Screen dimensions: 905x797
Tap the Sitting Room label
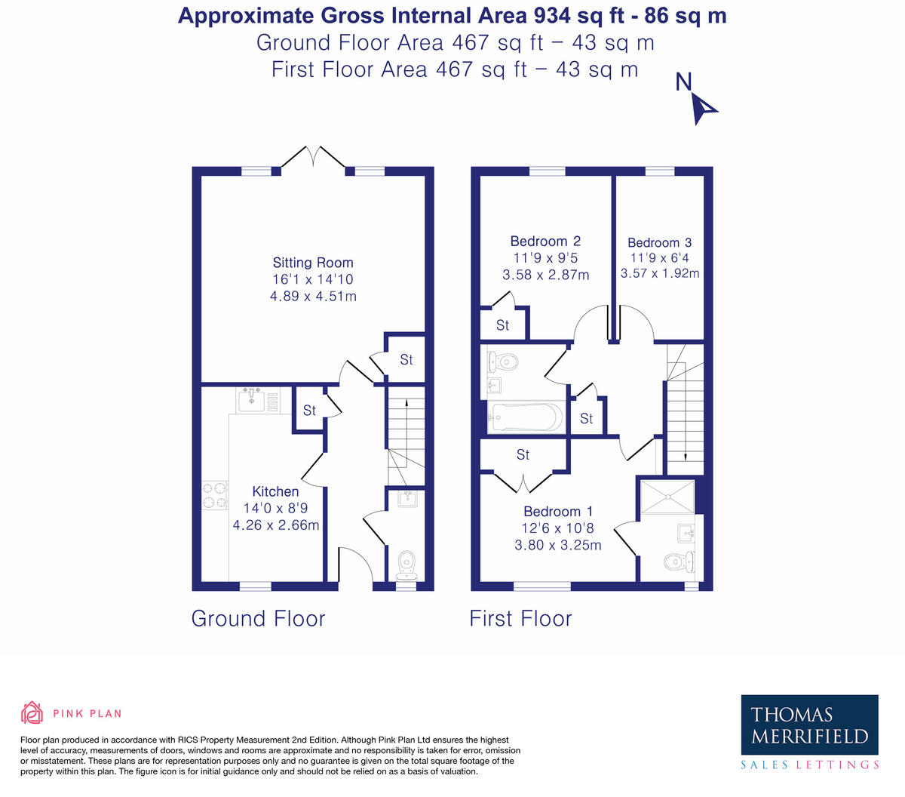[x=313, y=263]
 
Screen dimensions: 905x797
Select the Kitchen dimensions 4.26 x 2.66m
[x=275, y=525]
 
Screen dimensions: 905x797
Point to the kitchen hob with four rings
[x=215, y=495]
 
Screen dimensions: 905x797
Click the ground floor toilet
[x=406, y=565]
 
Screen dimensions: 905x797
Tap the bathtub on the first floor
[x=526, y=417]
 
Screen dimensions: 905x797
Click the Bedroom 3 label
[x=659, y=243]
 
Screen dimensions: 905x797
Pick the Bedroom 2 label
[x=545, y=242]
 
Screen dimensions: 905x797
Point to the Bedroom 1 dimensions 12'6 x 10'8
[x=557, y=528]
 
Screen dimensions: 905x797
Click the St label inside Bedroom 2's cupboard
[x=502, y=325]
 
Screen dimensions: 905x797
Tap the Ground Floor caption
[x=258, y=619]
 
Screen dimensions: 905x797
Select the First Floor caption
[x=520, y=619]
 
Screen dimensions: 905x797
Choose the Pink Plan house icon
[x=32, y=712]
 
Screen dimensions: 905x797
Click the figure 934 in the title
[x=551, y=16]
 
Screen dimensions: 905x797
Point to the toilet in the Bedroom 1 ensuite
[x=678, y=561]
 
